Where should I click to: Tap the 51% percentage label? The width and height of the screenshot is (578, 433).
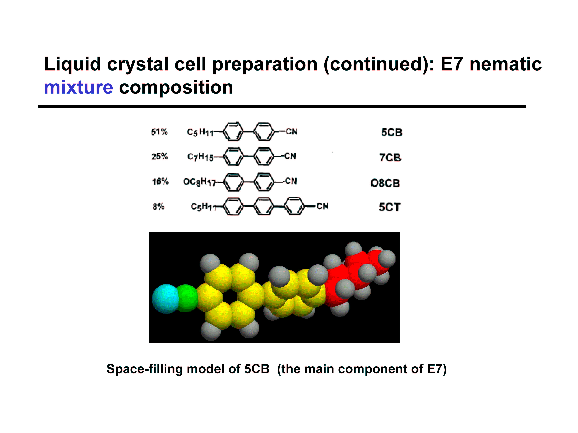click(x=159, y=132)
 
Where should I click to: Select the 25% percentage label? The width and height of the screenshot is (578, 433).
click(x=160, y=157)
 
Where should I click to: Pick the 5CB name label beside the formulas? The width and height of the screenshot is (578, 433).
click(x=392, y=132)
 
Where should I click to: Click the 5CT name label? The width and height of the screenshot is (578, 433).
click(x=390, y=207)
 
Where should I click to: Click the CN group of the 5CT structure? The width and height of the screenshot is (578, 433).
click(x=322, y=206)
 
